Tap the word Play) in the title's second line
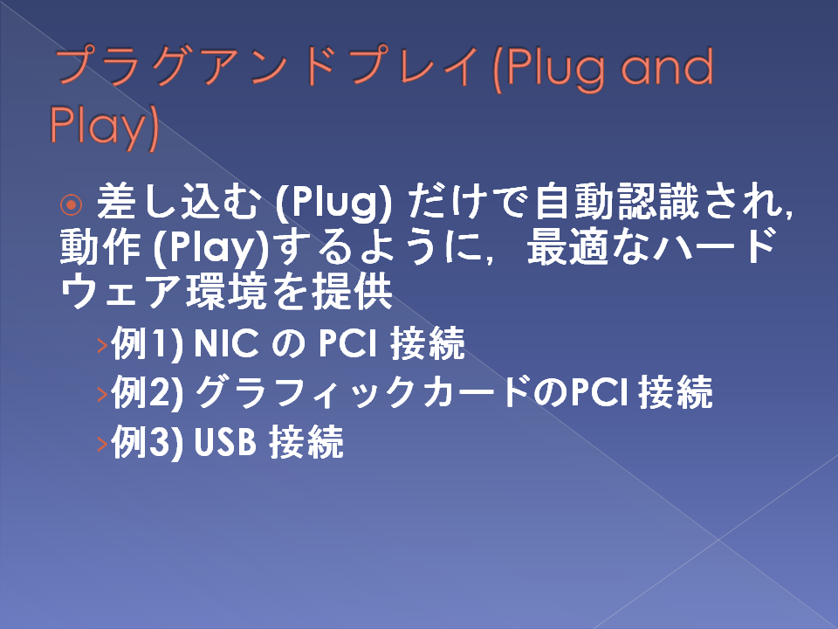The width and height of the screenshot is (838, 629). [104, 125]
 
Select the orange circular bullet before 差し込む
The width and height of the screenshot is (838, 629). [71, 204]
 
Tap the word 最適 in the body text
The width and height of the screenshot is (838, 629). [567, 247]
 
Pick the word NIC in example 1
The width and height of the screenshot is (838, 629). [226, 343]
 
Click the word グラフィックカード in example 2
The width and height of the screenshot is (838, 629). [363, 391]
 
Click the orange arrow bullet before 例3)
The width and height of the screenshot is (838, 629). [103, 444]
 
